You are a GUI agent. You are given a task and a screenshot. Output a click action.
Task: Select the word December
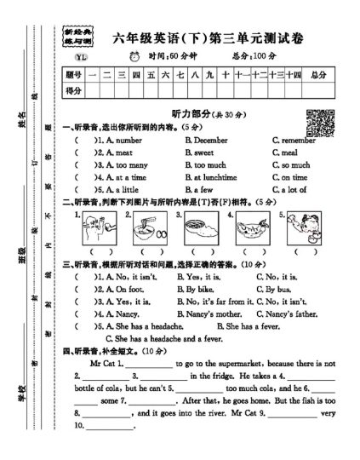[x=209, y=139]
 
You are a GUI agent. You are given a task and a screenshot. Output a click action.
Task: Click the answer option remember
[x=294, y=139]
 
